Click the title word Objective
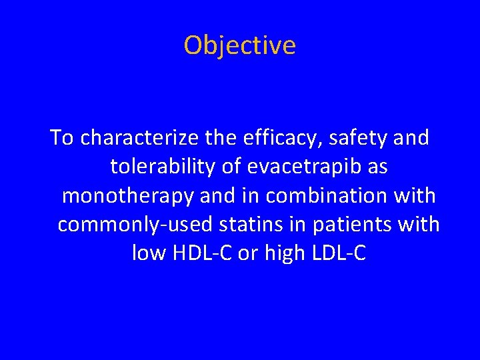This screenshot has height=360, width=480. [x=239, y=45]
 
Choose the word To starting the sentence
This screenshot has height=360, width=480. [x=63, y=138]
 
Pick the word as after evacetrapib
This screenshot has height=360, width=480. [x=377, y=167]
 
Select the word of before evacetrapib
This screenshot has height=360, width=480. [x=236, y=167]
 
